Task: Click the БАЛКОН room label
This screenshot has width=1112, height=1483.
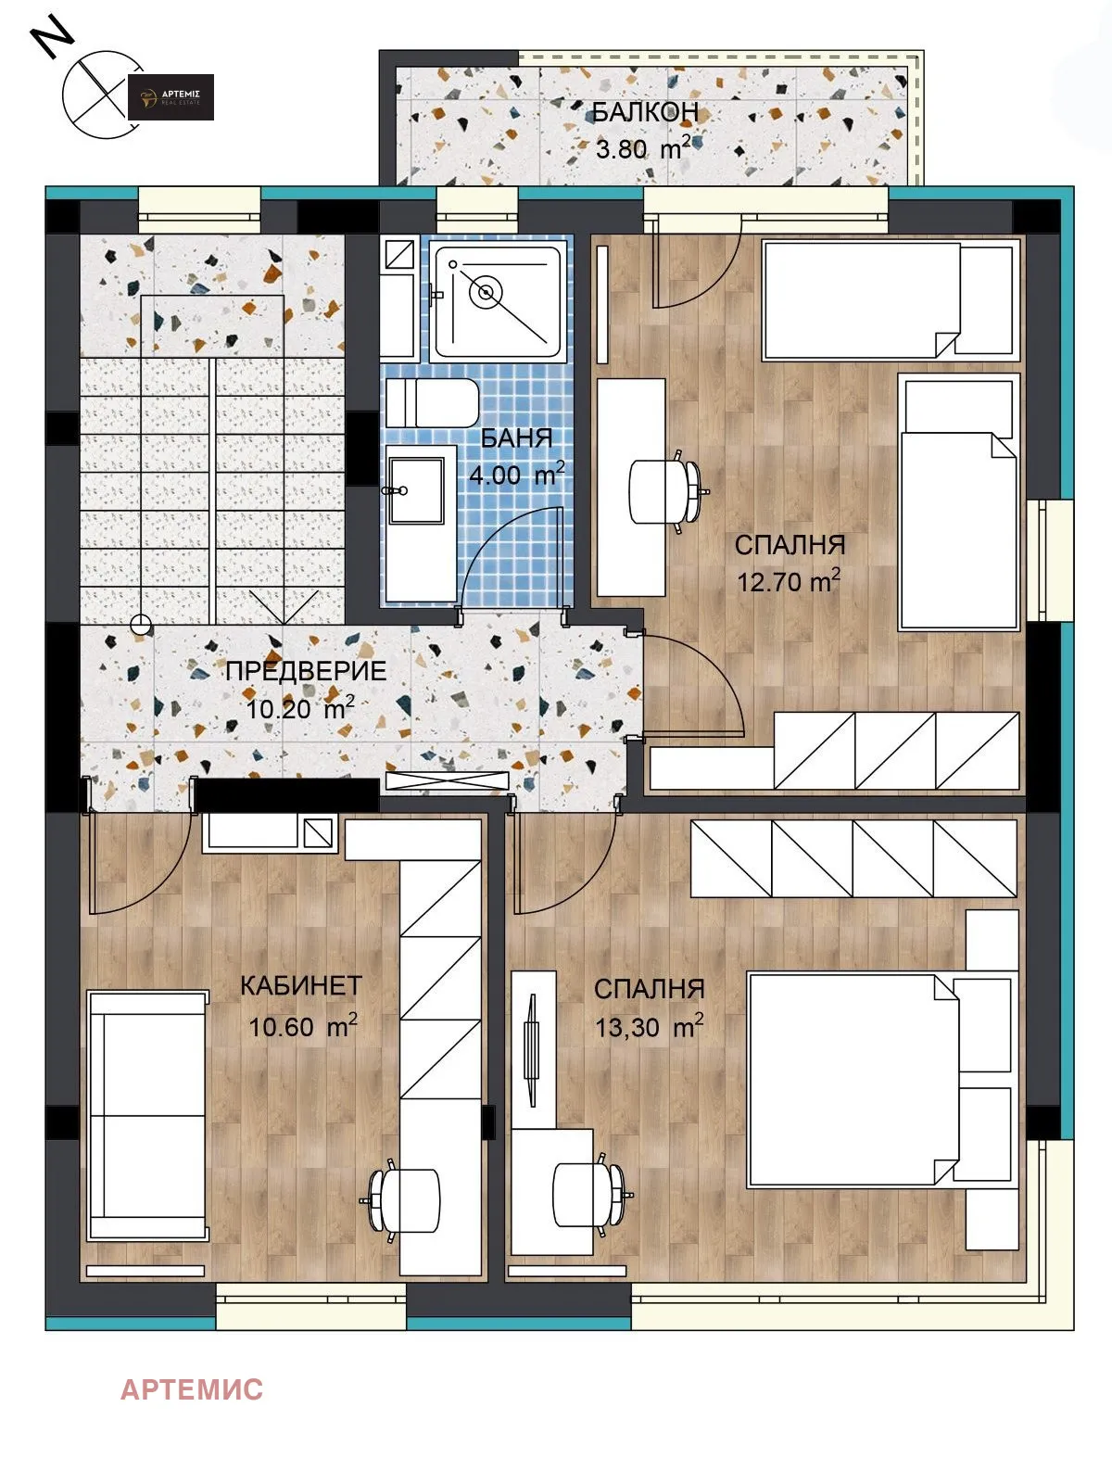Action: pyautogui.click(x=644, y=112)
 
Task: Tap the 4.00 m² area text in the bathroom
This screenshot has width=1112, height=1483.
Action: pyautogui.click(x=516, y=475)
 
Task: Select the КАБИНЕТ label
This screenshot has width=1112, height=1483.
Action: pyautogui.click(x=300, y=985)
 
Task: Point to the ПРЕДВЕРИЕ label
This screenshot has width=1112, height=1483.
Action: pyautogui.click(x=306, y=671)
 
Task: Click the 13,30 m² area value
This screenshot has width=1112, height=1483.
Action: pyautogui.click(x=649, y=1027)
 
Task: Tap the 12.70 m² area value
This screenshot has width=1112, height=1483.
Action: pyautogui.click(x=789, y=582)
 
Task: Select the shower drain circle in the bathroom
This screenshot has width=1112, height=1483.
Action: pyautogui.click(x=485, y=292)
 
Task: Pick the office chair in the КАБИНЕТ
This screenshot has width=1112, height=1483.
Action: pyautogui.click(x=405, y=1200)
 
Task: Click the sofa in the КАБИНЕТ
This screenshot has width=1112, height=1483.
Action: pyautogui.click(x=146, y=1115)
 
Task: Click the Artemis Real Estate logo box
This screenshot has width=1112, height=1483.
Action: pyautogui.click(x=171, y=97)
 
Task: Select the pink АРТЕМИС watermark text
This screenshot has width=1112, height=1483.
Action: pyautogui.click(x=192, y=1389)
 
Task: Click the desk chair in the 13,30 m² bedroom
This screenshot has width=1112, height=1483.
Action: pyautogui.click(x=589, y=1194)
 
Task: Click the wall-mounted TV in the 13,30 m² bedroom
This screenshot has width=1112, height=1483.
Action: pyautogui.click(x=532, y=1050)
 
